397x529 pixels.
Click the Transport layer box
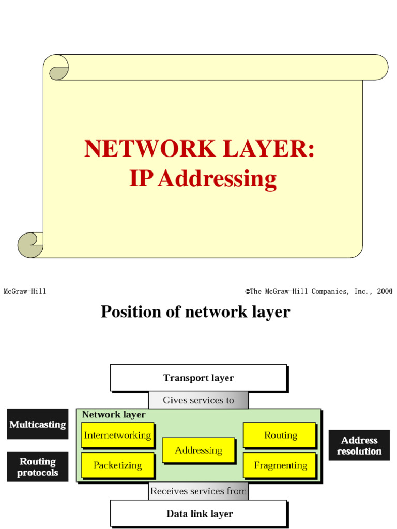pyautogui.click(x=198, y=378)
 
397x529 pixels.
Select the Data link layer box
pyautogui.click(x=198, y=514)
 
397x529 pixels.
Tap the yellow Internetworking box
pyautogui.click(x=117, y=435)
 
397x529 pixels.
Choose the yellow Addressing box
pyautogui.click(x=198, y=450)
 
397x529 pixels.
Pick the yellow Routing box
pyautogui.click(x=280, y=435)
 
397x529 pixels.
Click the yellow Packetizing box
pyautogui.click(x=117, y=465)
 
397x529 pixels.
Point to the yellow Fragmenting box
pyautogui.click(x=280, y=465)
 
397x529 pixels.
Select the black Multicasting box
pyautogui.click(x=37, y=424)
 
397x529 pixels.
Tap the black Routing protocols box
pyautogui.click(x=37, y=466)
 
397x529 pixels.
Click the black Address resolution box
pyautogui.click(x=359, y=445)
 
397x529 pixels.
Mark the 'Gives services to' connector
pyautogui.click(x=198, y=400)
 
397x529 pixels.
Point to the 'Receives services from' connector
pyautogui.click(x=198, y=491)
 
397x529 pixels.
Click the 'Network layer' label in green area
pyautogui.click(x=114, y=414)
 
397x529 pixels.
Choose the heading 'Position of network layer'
pyautogui.click(x=195, y=312)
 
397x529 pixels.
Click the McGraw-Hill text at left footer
pyautogui.click(x=25, y=291)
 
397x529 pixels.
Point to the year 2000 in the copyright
pyautogui.click(x=384, y=291)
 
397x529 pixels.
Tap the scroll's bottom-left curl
pyautogui.click(x=30, y=245)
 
